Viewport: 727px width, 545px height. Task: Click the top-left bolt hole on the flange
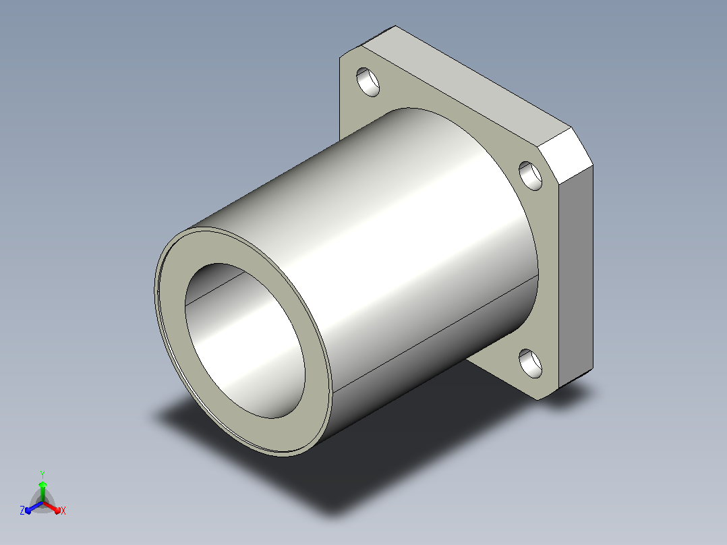tap(368, 82)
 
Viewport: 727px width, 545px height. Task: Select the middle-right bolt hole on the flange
tap(530, 176)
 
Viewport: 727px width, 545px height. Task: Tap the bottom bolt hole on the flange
tap(530, 363)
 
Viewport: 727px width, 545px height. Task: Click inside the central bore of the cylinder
tap(245, 341)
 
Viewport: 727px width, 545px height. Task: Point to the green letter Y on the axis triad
tap(42, 474)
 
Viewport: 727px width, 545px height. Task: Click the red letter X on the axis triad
tap(63, 511)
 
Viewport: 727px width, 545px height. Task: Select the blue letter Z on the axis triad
tap(22, 511)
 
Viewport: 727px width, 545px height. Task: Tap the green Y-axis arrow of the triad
tap(42, 491)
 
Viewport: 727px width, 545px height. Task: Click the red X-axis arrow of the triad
tap(52, 507)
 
